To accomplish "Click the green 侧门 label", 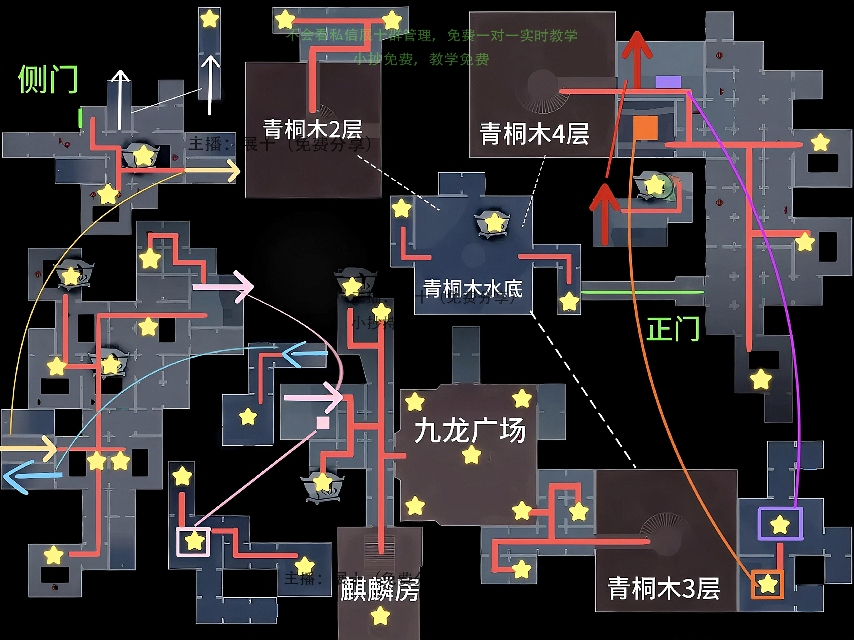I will [48, 79].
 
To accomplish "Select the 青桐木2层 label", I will [313, 129].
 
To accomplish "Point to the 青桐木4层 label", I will [534, 134].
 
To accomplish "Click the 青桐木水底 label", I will [473, 288].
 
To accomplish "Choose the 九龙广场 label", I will [470, 430].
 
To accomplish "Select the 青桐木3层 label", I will [663, 588].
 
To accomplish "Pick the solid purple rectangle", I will [668, 82].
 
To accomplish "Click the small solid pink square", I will [323, 423].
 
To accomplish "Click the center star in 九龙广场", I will [471, 454].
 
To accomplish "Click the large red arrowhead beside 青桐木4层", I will [637, 44].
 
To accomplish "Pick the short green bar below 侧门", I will [80, 118].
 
